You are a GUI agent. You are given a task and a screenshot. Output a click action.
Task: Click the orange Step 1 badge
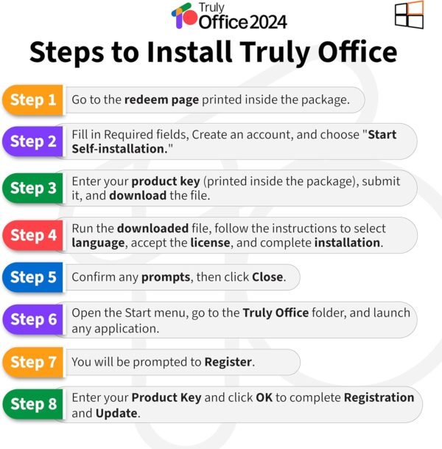coord(34,100)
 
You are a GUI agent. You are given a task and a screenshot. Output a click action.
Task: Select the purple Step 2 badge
coord(34,142)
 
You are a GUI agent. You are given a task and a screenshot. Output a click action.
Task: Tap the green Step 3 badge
coord(34,188)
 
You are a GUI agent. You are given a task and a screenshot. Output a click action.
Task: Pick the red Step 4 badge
coord(34,235)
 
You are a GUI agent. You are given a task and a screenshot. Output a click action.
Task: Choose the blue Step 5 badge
coord(34,277)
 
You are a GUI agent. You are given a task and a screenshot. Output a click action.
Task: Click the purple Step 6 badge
coord(34,319)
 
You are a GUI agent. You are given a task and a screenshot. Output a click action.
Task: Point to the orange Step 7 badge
coord(34,362)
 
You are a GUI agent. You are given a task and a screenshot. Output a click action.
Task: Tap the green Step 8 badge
coord(34,404)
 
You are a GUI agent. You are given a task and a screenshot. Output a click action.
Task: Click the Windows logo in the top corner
coord(409,15)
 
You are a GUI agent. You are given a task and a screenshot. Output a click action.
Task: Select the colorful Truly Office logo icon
coord(183,16)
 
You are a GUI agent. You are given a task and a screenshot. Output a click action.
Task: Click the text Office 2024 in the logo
coord(242,21)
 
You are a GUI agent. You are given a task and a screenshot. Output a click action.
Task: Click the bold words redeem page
coord(161,100)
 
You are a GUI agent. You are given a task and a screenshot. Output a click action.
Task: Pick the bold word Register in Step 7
coord(228,362)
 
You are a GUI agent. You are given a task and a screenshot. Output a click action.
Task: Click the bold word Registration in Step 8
coord(379,397)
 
